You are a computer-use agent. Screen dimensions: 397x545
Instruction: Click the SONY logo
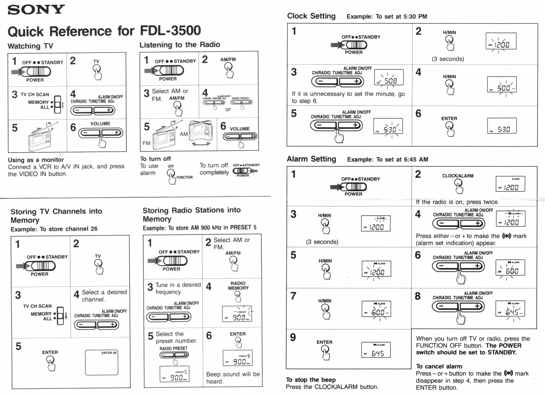(x=36, y=10)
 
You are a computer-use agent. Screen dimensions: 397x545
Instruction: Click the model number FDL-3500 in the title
(x=170, y=31)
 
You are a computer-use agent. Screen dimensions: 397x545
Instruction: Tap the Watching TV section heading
(x=30, y=46)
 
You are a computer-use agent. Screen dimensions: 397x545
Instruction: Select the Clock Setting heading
(x=311, y=16)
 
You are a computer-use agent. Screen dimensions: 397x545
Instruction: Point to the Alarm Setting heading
(x=311, y=159)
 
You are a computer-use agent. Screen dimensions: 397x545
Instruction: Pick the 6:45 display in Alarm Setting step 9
(x=376, y=351)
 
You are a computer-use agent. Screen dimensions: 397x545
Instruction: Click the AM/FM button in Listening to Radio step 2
(x=228, y=67)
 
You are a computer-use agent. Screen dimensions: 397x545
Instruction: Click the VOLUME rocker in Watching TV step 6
(x=100, y=133)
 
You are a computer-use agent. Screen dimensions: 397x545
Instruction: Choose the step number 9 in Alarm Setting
(x=293, y=337)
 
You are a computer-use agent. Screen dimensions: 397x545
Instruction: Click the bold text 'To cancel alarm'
(x=439, y=366)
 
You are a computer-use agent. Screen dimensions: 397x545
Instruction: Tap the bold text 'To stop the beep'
(x=311, y=379)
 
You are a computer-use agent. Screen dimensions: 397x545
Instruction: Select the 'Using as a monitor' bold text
(x=36, y=160)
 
